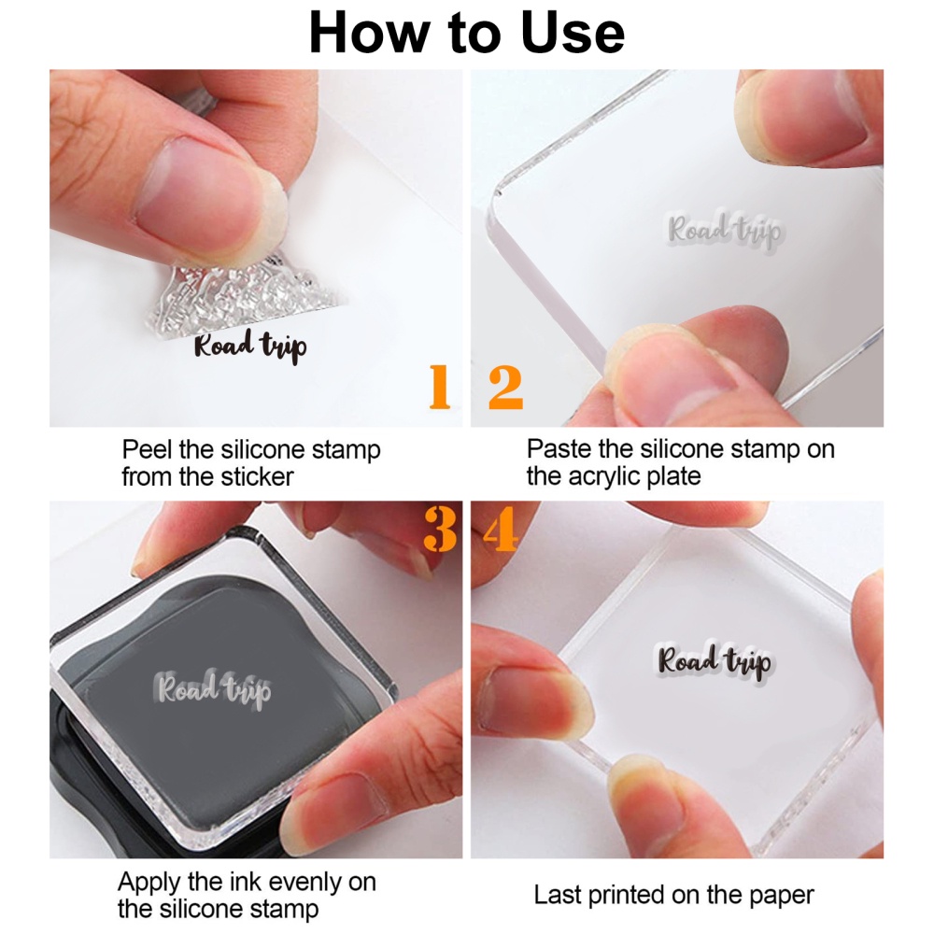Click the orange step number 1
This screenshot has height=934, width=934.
439,388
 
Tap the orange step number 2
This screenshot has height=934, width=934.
505,388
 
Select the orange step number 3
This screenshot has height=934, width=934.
439,530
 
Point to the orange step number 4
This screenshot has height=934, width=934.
500,530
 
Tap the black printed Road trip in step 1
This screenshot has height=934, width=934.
249,347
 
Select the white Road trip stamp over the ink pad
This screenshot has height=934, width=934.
214,690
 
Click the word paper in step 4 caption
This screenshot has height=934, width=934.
776,895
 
